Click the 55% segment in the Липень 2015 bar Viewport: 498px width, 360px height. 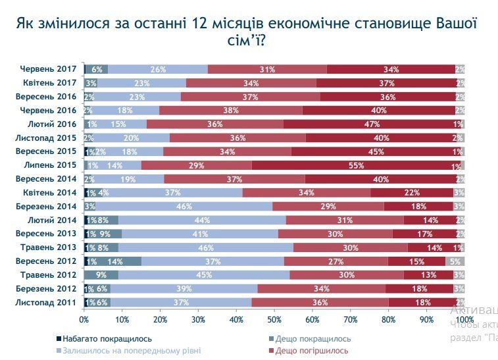coord(357,166)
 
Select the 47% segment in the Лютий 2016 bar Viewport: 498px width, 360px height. coord(373,124)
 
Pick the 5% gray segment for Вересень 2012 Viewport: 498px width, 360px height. coord(455,261)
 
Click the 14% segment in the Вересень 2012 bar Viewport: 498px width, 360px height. coord(114,261)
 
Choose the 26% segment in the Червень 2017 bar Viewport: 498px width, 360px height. coord(158,69)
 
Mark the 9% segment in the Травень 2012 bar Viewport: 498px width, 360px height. coord(101,275)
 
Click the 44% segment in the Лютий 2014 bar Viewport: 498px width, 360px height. coord(202,220)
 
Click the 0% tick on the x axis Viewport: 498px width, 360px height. coord(84,320)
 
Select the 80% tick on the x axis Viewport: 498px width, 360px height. coord(389,320)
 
